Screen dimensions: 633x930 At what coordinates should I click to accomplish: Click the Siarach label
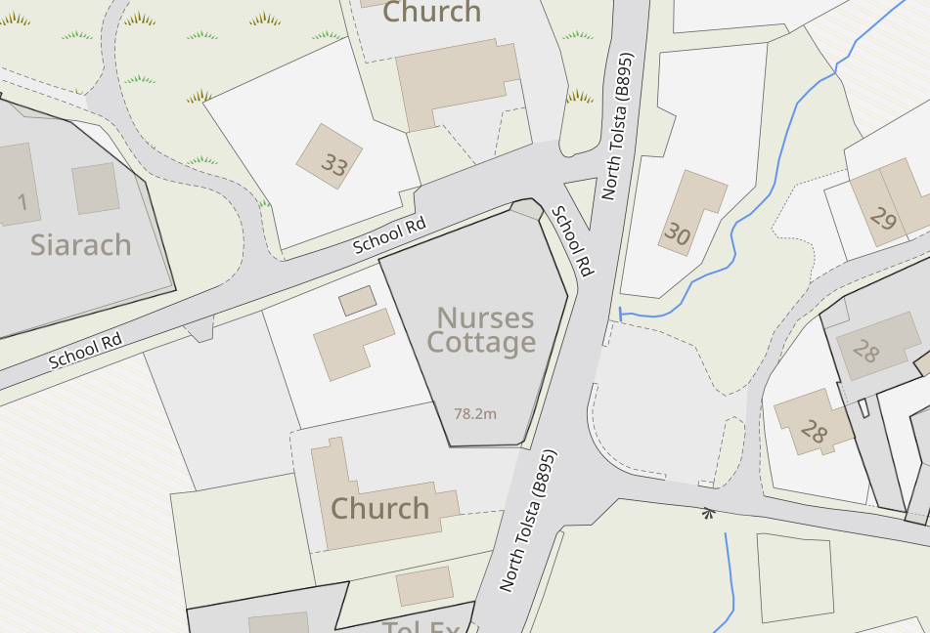[x=80, y=244]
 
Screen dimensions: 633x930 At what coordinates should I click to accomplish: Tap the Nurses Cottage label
[x=484, y=330]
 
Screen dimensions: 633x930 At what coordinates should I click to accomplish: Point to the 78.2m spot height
[x=475, y=413]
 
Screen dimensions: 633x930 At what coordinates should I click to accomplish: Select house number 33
[x=334, y=165]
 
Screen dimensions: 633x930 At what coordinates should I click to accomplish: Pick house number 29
[x=883, y=219]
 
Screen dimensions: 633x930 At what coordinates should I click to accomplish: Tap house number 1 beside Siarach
[x=22, y=202]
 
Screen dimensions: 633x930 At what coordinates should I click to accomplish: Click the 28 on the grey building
[x=865, y=350]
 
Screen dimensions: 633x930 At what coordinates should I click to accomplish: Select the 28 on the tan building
[x=814, y=430]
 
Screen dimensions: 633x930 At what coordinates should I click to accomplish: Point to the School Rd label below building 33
[x=390, y=235]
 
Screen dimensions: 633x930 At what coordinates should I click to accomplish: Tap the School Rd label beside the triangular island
[x=572, y=240]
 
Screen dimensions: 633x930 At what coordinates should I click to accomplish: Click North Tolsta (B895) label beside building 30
[x=618, y=126]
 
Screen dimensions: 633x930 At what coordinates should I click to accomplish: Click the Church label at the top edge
[x=431, y=13]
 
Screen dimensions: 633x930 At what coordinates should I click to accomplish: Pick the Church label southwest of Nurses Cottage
[x=379, y=508]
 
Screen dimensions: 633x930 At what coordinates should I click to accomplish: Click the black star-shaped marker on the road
[x=708, y=511]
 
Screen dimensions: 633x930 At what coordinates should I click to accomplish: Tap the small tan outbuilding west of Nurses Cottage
[x=357, y=300]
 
